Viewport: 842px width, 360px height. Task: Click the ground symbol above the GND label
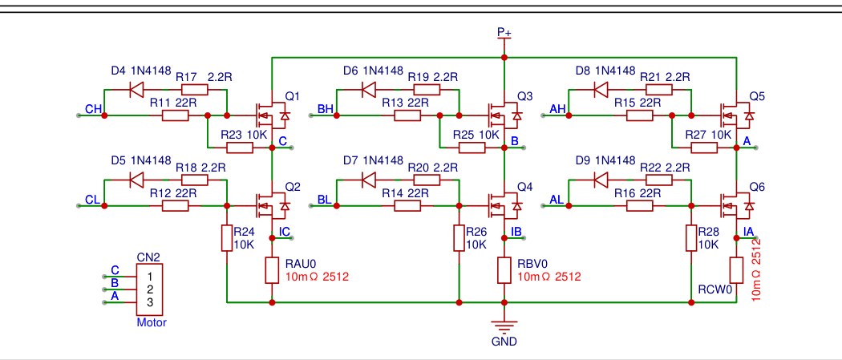click(x=504, y=326)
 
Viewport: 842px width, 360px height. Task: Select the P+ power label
click(x=504, y=32)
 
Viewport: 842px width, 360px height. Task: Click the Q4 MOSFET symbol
click(x=504, y=206)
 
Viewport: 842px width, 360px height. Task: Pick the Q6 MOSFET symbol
click(x=736, y=206)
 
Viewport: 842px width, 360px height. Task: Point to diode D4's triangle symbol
click(x=136, y=89)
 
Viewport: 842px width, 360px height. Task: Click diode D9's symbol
click(x=601, y=180)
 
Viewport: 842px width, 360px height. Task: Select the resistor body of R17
click(x=194, y=89)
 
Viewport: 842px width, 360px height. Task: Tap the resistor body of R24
click(x=227, y=238)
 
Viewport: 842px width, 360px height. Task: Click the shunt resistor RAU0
click(x=272, y=270)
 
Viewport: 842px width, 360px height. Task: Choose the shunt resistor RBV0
click(x=504, y=270)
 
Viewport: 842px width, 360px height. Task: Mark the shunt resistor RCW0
click(x=736, y=270)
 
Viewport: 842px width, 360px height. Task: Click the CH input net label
click(x=93, y=109)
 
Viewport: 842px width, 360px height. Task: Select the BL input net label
click(x=325, y=199)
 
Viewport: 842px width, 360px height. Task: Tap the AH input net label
click(x=557, y=109)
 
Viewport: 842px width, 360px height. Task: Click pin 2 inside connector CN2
click(x=149, y=289)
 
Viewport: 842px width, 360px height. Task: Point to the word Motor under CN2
click(x=151, y=323)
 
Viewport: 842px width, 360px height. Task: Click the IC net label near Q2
click(x=284, y=233)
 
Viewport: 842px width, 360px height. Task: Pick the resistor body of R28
click(x=691, y=238)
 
